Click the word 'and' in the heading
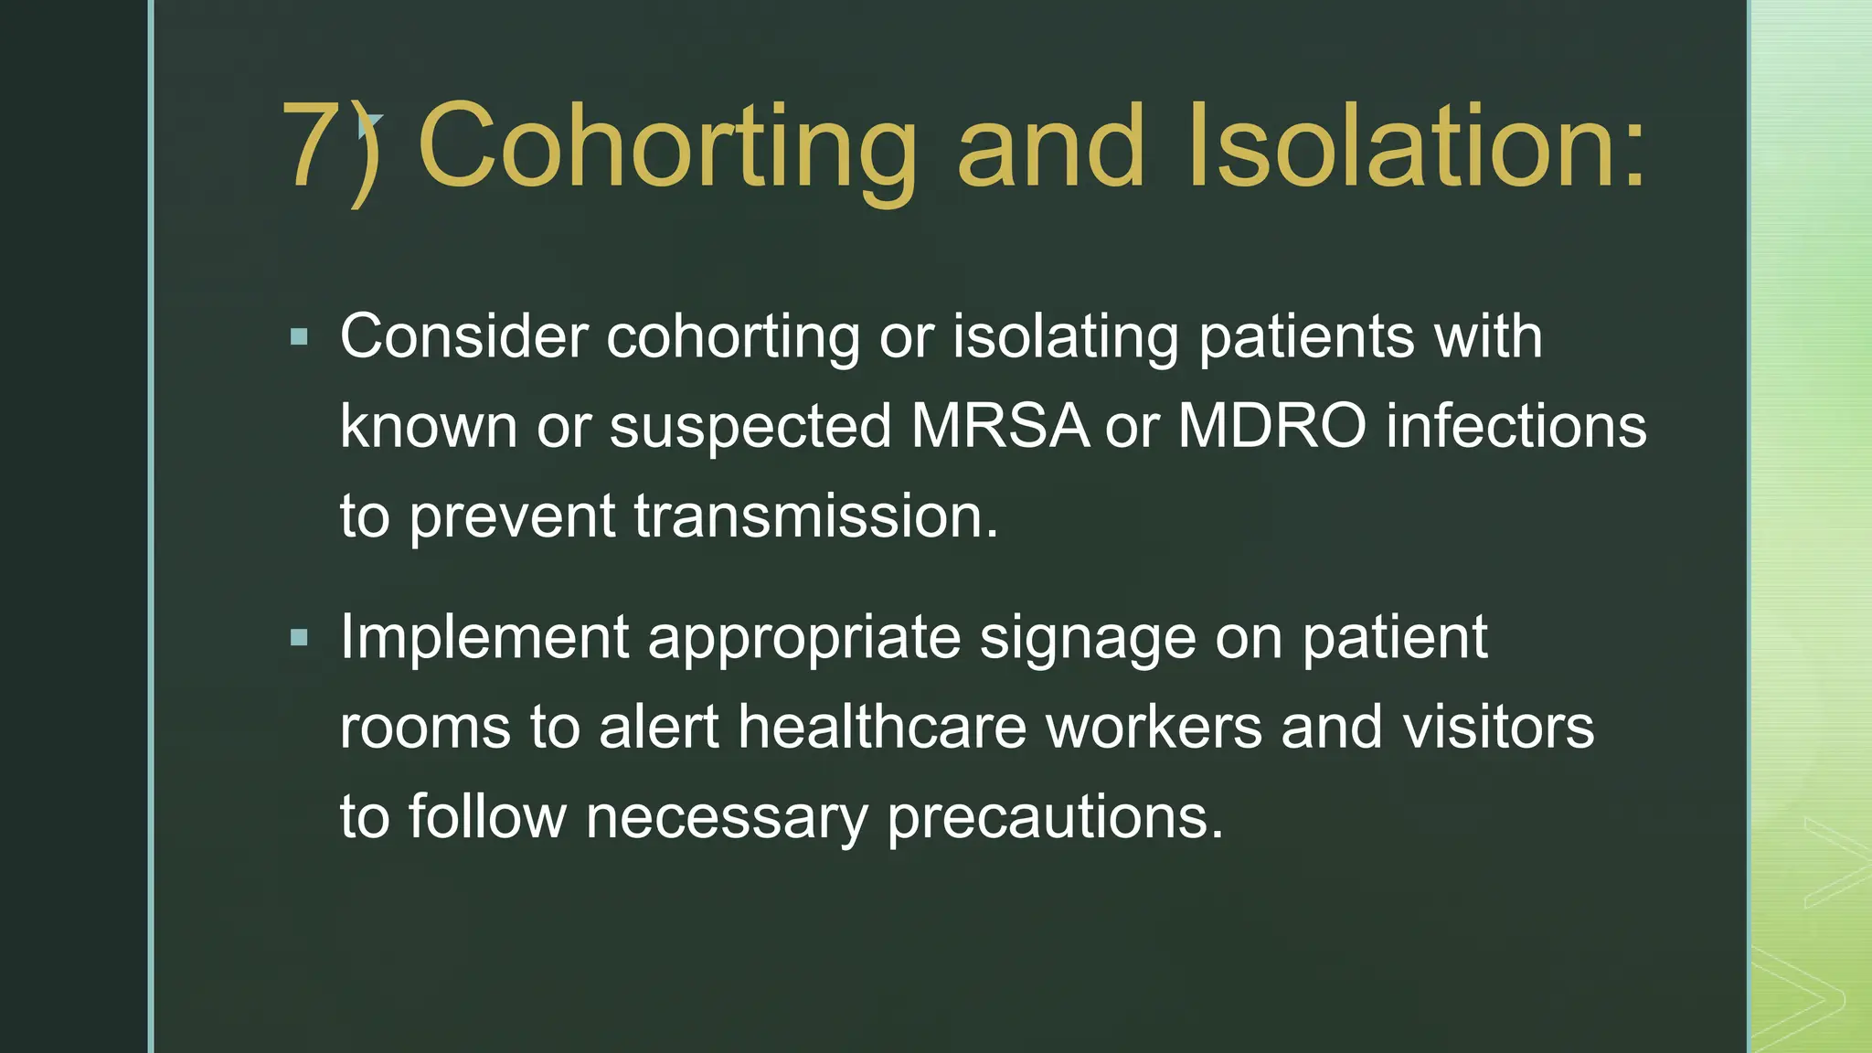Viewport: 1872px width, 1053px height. [x=1050, y=146]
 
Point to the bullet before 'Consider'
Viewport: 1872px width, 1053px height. [x=299, y=338]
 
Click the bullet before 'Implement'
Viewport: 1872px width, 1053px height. [x=299, y=638]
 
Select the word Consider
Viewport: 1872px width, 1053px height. [x=463, y=336]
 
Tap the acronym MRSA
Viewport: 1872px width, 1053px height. [x=1000, y=426]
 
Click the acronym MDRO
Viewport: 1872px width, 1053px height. [x=1272, y=426]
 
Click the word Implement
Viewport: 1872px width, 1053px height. [x=484, y=637]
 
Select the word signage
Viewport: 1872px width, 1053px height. [x=1088, y=639]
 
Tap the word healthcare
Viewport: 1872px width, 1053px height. [x=882, y=727]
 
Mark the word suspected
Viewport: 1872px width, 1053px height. [x=750, y=428]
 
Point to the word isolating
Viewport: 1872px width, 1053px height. [x=1066, y=337]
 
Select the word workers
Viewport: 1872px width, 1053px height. [x=1154, y=727]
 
